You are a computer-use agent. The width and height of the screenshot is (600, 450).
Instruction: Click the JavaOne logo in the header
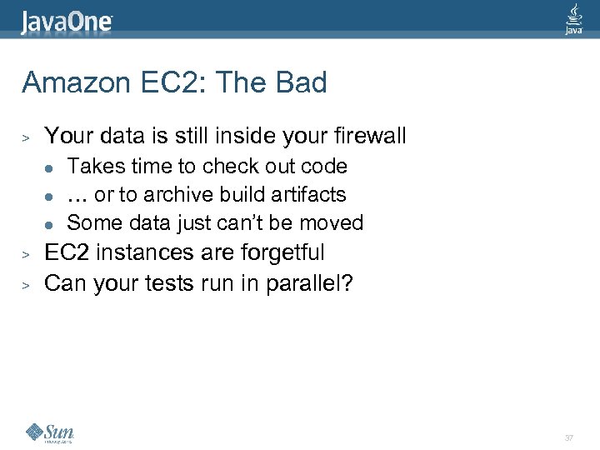tap(67, 20)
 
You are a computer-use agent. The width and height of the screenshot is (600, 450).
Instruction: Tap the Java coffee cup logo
tap(573, 18)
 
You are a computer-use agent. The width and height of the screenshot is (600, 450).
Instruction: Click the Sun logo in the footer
tap(50, 432)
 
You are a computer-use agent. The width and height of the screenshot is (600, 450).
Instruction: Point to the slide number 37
tap(569, 437)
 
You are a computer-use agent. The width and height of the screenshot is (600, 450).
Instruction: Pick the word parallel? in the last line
tap(309, 284)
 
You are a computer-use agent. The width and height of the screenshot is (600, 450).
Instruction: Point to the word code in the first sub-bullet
tap(325, 166)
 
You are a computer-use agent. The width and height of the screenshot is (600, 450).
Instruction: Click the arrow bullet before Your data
tap(27, 137)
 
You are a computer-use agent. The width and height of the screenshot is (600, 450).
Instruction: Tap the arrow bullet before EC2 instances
tap(27, 252)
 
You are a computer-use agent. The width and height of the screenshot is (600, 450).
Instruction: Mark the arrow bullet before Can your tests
tap(27, 285)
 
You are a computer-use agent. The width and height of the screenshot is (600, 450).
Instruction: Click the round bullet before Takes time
tap(50, 167)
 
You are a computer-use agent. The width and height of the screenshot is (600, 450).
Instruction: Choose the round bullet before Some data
tap(50, 224)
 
